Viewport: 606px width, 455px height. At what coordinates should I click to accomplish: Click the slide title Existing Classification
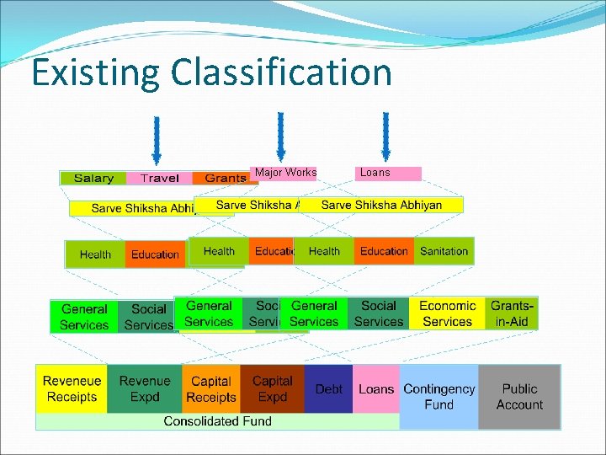click(x=211, y=72)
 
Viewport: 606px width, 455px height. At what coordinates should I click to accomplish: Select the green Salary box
click(x=93, y=178)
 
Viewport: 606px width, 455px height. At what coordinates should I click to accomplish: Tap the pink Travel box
click(x=159, y=178)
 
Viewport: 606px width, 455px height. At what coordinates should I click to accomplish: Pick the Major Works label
click(x=285, y=173)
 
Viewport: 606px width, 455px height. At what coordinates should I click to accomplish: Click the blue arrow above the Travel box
click(x=156, y=138)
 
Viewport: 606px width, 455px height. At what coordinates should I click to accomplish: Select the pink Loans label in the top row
click(x=388, y=173)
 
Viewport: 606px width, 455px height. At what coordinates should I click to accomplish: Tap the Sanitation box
click(x=444, y=251)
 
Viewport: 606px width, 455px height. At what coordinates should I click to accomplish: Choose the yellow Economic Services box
click(x=447, y=313)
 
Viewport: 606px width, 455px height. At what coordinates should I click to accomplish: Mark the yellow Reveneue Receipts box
click(x=72, y=388)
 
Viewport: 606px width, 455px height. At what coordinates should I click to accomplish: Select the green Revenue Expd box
click(x=144, y=388)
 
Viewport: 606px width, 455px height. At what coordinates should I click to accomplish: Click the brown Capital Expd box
click(x=272, y=388)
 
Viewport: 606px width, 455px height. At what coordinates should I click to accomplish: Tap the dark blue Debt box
click(x=328, y=388)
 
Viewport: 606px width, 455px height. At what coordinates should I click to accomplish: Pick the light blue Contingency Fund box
click(x=439, y=396)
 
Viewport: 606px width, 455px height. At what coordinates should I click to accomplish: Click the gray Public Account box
click(x=519, y=396)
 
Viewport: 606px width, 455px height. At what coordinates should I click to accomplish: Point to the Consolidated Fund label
click(x=217, y=420)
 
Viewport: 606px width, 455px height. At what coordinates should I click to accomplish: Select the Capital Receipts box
click(x=210, y=388)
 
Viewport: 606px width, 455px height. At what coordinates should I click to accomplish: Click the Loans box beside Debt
click(x=375, y=388)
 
